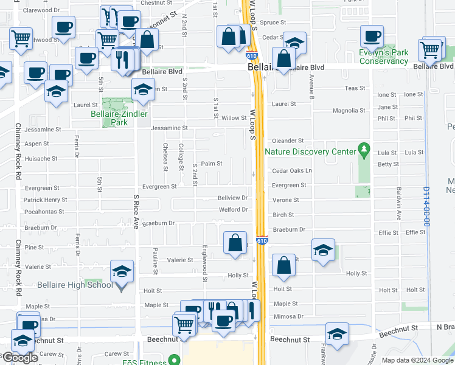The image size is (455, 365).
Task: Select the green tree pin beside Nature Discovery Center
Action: [x=364, y=148]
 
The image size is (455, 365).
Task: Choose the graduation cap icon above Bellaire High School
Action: [x=122, y=271]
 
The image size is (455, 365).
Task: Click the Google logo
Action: [x=20, y=358]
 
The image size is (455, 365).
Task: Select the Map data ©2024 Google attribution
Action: [x=417, y=360]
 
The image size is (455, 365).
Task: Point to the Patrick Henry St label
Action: [x=45, y=200]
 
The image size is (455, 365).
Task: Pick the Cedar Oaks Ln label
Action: [x=292, y=171]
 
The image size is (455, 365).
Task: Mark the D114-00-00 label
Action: [x=427, y=207]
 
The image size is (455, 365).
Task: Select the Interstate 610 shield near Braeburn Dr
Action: [x=261, y=241]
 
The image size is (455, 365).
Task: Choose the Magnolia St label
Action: [x=349, y=111]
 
